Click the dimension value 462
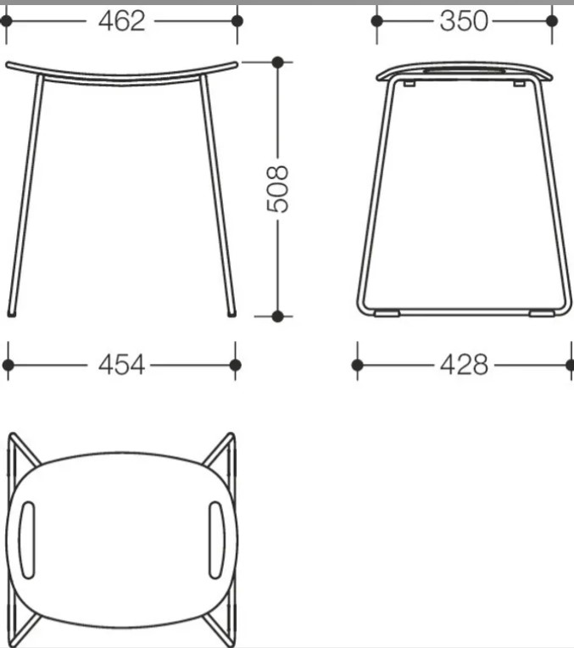121,21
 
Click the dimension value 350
464,21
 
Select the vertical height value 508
277,189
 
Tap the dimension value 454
121,365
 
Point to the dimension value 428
464,365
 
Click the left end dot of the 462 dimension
6,20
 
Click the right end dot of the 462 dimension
237,20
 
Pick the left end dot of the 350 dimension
377,20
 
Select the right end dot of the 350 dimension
552,20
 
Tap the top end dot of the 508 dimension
278,63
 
